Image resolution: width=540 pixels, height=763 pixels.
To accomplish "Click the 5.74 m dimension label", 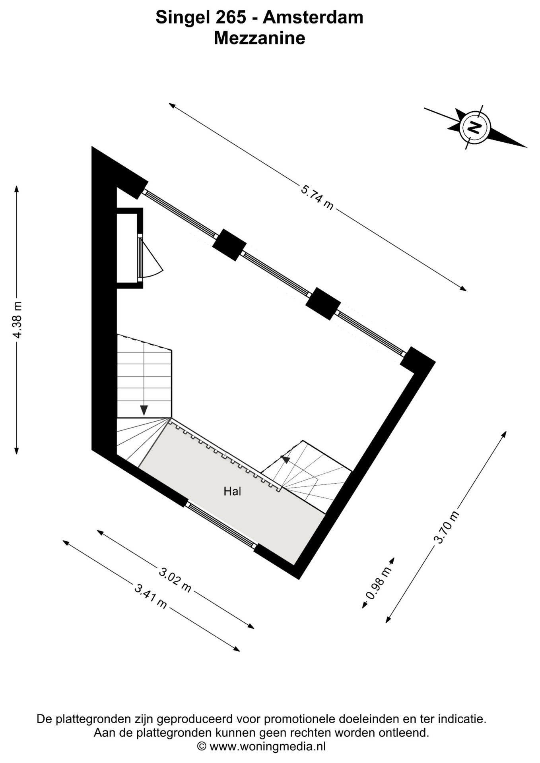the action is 317,197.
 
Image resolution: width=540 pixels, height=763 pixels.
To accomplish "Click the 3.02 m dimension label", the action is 175,580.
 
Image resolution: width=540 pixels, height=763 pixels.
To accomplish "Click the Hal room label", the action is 232,492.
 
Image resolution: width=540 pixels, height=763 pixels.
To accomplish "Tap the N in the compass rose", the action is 474,127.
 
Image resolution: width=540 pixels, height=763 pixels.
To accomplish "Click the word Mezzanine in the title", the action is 260,38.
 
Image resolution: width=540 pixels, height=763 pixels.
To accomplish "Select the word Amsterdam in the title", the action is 313,17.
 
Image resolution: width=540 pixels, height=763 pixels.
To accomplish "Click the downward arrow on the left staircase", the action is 144,410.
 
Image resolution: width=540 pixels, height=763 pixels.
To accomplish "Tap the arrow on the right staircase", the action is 285,459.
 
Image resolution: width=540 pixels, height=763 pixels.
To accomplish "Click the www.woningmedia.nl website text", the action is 268,747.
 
